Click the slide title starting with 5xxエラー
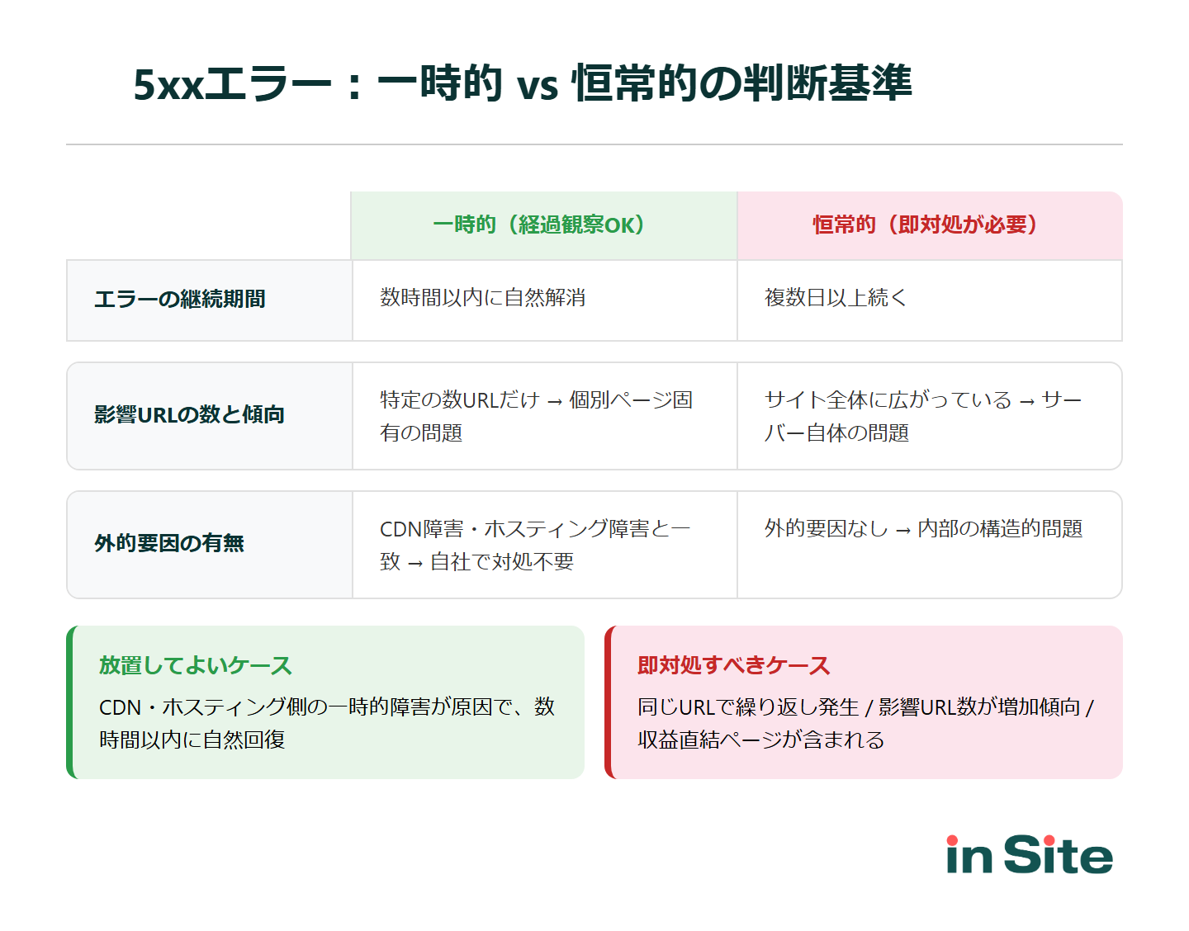click(522, 83)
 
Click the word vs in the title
click(538, 86)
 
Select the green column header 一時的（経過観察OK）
click(543, 225)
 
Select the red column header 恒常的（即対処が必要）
click(929, 225)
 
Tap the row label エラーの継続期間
click(180, 299)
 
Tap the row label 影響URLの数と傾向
click(189, 414)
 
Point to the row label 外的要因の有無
click(169, 543)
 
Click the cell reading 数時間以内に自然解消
click(483, 298)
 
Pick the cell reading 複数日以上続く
click(836, 298)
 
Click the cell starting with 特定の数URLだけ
click(536, 416)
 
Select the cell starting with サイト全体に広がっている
click(922, 416)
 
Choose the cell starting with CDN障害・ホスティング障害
click(534, 545)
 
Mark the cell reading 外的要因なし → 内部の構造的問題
click(923, 529)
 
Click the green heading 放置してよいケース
click(196, 665)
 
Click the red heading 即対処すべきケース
click(733, 665)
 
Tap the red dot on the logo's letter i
click(953, 840)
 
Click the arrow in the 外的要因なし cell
click(902, 531)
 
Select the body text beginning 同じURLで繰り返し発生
click(865, 723)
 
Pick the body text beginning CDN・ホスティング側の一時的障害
click(326, 723)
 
